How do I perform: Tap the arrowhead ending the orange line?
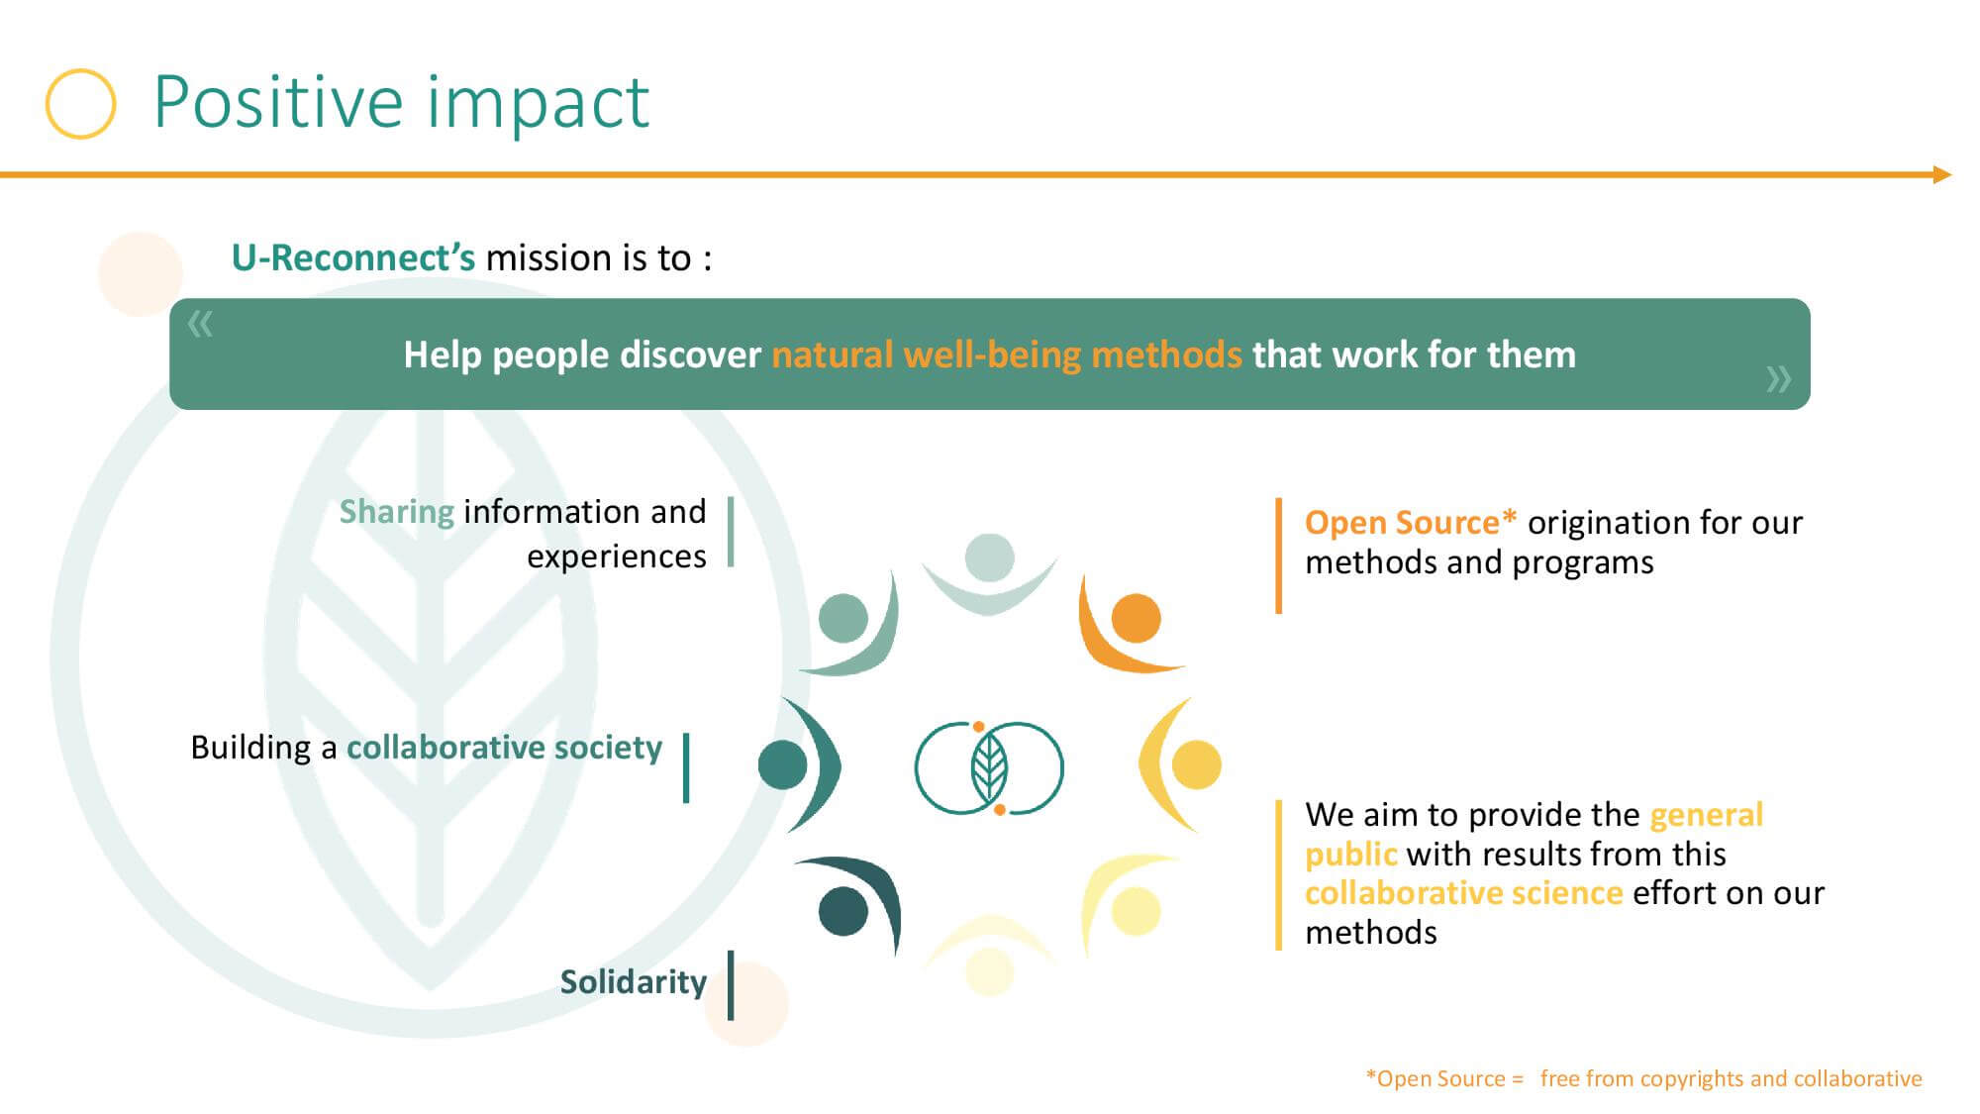click(x=1942, y=175)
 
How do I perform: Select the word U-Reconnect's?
click(x=353, y=258)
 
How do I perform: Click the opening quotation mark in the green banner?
click(x=200, y=324)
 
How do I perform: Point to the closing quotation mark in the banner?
click(x=1779, y=378)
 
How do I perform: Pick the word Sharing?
click(x=397, y=512)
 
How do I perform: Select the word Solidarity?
click(x=634, y=982)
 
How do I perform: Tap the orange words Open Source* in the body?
click(x=1411, y=523)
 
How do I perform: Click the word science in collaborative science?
click(x=1567, y=893)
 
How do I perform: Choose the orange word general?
click(x=1707, y=815)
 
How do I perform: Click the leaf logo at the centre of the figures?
click(x=989, y=768)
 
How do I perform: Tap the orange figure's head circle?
click(x=1136, y=619)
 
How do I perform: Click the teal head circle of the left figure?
click(x=783, y=764)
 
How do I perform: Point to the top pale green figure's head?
click(x=989, y=557)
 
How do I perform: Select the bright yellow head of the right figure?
click(x=1196, y=764)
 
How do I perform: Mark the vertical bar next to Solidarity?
click(x=731, y=985)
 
